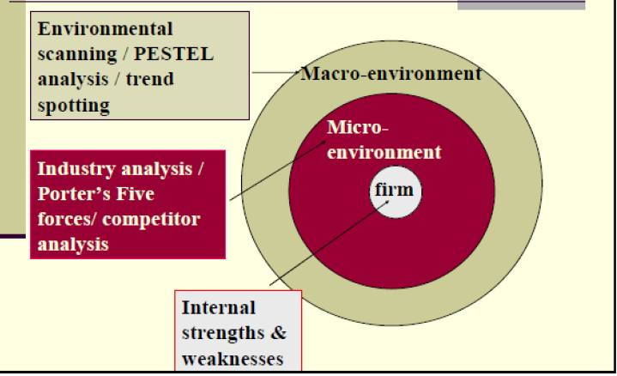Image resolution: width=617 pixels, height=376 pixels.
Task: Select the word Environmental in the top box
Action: (x=106, y=29)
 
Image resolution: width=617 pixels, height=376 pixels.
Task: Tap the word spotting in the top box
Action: (x=74, y=106)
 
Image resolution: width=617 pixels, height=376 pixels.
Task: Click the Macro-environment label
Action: (x=390, y=74)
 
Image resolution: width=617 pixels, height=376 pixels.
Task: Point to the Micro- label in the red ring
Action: (x=358, y=130)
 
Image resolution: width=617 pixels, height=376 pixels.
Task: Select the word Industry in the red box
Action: (x=77, y=168)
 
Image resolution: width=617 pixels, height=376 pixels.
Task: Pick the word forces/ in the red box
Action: (x=68, y=219)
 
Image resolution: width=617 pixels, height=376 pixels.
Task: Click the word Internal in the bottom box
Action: (x=218, y=307)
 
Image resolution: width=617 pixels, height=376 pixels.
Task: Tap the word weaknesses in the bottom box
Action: (x=232, y=357)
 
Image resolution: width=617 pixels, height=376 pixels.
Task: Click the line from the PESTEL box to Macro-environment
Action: (x=275, y=72)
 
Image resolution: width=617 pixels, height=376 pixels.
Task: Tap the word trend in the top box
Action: (x=149, y=80)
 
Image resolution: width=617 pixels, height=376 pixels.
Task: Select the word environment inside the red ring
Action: (x=384, y=153)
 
